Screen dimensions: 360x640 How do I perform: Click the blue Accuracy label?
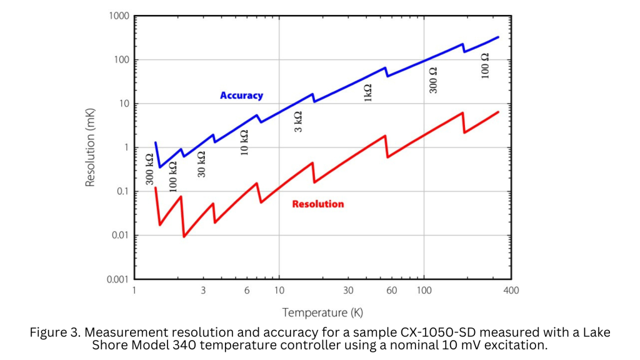[x=241, y=96]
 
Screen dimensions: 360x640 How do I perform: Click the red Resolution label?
[x=317, y=204]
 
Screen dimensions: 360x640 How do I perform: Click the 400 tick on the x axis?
[x=511, y=290]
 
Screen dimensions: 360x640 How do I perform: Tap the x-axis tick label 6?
[x=247, y=290]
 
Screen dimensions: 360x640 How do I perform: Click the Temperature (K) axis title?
[x=322, y=312]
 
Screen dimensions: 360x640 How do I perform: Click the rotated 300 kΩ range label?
[x=150, y=169]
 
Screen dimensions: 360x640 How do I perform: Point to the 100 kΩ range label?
[x=174, y=176]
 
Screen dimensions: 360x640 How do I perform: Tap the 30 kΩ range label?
[x=201, y=164]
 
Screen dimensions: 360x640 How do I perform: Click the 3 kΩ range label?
[x=298, y=121]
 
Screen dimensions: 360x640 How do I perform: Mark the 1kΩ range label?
[x=368, y=92]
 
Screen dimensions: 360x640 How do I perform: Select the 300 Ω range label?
[x=433, y=80]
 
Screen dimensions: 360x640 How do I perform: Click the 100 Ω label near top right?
[x=485, y=65]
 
